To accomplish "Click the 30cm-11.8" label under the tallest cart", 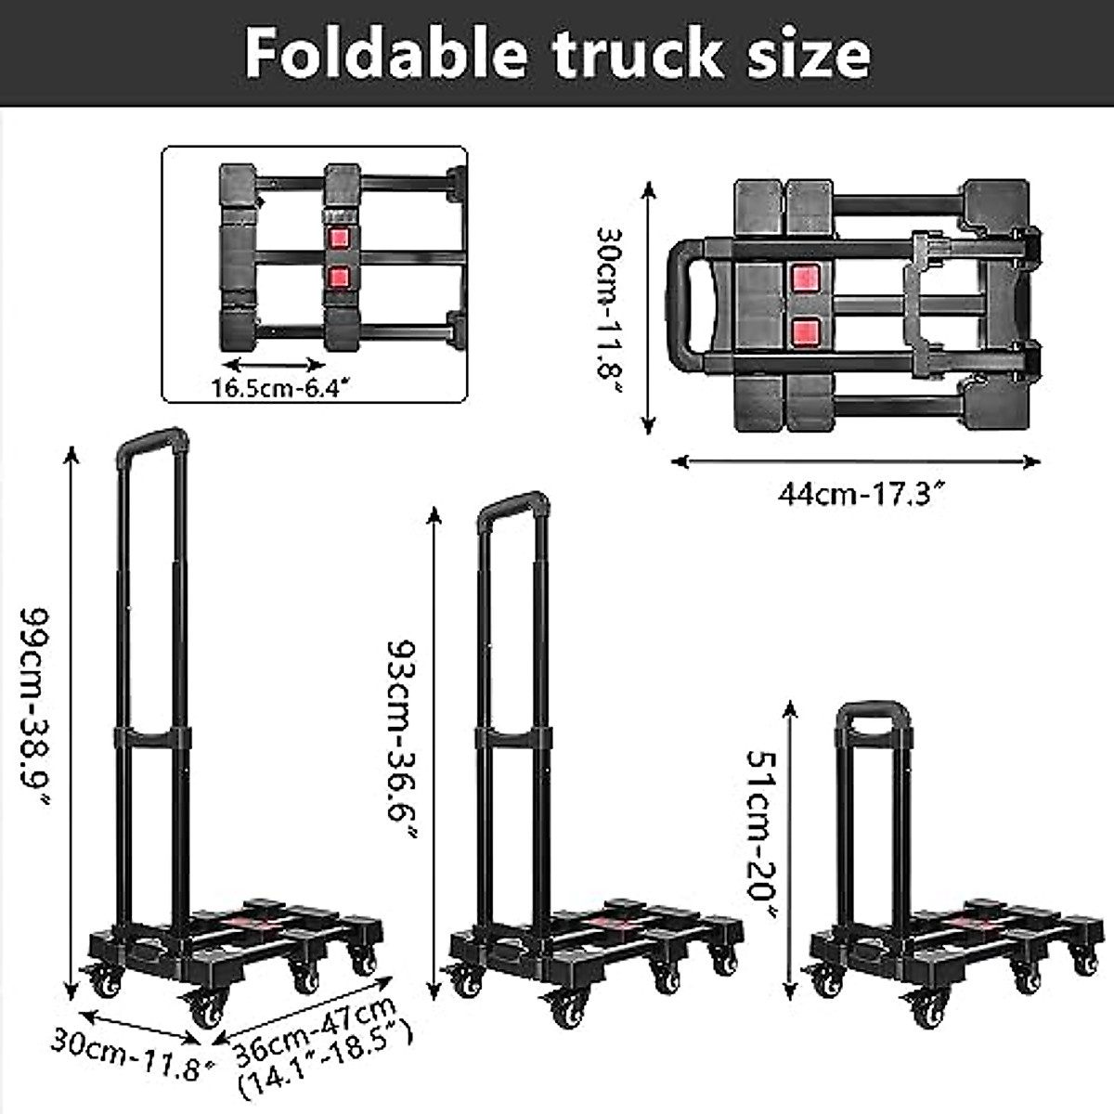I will tap(125, 1055).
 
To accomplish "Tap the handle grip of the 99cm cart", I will tap(153, 440).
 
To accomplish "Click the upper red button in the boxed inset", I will tap(340, 238).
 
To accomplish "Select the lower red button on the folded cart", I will tap(805, 330).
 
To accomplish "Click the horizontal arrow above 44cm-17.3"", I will tap(855, 461).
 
